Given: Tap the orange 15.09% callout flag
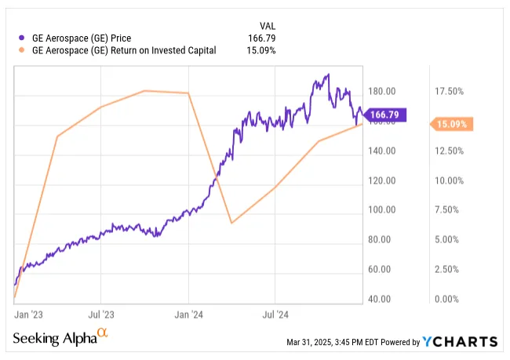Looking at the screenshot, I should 450,124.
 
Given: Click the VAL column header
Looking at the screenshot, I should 268,24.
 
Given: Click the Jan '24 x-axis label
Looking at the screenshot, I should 189,315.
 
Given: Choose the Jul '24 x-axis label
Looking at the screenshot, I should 275,315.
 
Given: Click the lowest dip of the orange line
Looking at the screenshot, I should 231,224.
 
